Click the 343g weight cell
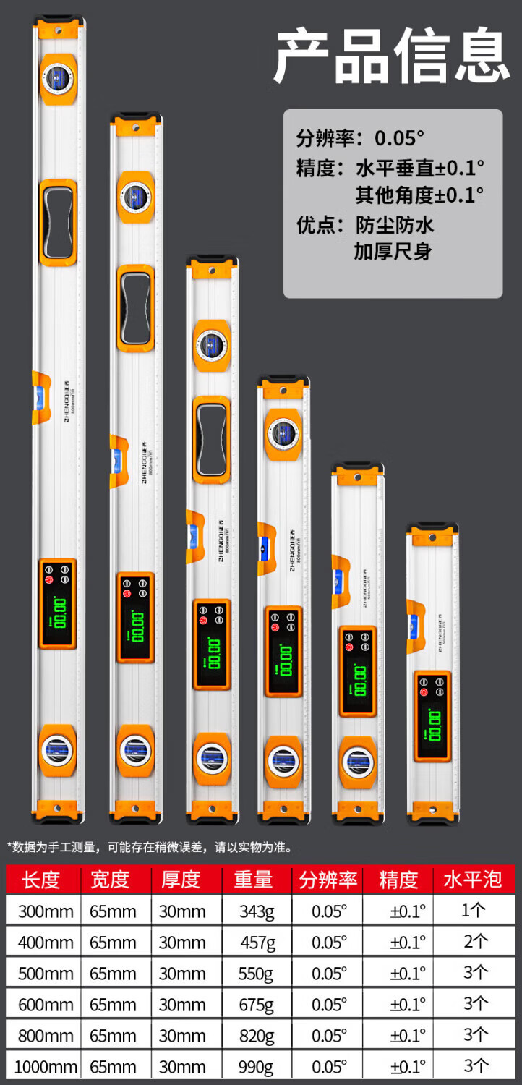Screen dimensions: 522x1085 (x=257, y=911)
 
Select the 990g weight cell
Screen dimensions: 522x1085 (x=257, y=1067)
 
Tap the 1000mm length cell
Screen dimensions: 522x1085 (x=45, y=1067)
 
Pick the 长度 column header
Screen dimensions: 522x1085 (x=40, y=880)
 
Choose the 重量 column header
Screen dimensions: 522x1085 (x=254, y=880)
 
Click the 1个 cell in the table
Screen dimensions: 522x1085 (x=474, y=911)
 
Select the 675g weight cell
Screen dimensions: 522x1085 (x=257, y=1005)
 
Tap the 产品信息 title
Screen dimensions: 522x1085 (x=391, y=55)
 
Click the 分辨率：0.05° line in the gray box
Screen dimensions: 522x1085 (x=360, y=137)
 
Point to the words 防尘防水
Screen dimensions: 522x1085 (x=395, y=225)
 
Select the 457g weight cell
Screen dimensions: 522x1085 (x=257, y=943)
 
